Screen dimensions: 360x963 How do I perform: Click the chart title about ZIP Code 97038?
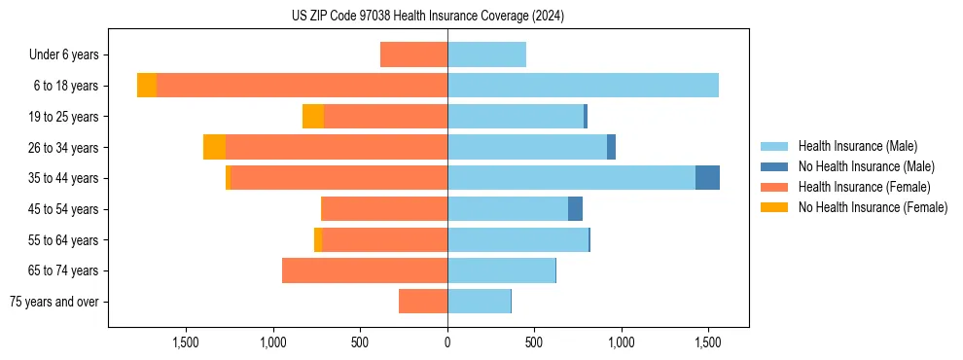(427, 17)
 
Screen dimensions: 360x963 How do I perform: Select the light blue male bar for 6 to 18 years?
(583, 86)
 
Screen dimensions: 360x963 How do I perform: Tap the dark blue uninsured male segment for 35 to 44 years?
(707, 178)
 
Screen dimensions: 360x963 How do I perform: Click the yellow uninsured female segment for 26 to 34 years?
(214, 147)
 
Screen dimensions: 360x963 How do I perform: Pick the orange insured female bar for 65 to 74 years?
(365, 270)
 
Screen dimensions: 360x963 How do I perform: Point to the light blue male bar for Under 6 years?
(486, 54)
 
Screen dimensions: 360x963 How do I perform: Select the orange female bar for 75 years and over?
(423, 302)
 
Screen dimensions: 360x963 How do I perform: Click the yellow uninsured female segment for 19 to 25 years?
(313, 117)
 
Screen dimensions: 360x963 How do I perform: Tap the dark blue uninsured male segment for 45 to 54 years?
(575, 209)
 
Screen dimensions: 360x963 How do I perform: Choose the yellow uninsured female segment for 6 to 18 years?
(147, 86)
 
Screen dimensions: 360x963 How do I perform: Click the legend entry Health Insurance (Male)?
(856, 146)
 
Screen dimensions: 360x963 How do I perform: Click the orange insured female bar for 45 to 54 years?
(384, 209)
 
